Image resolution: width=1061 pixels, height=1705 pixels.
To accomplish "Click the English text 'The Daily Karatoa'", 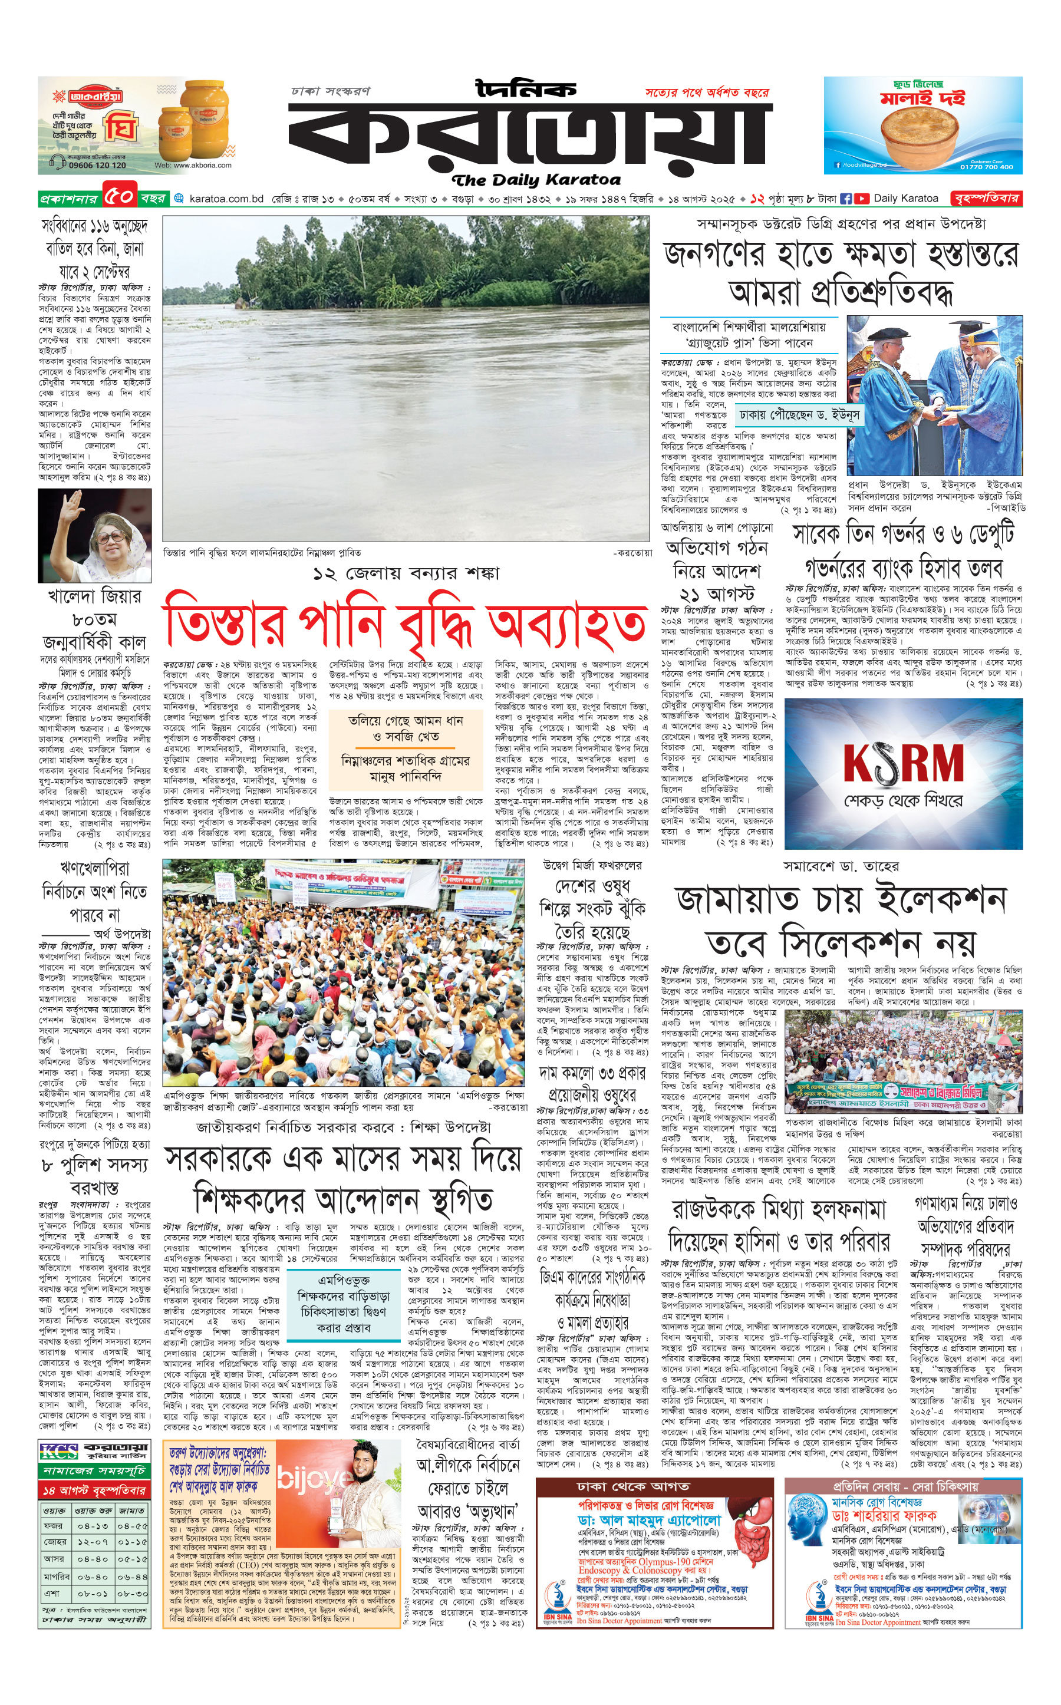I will click(x=536, y=180).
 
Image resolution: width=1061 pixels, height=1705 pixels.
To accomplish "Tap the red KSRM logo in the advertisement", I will click(x=903, y=761).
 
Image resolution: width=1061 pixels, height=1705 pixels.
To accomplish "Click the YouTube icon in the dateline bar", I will click(x=861, y=199).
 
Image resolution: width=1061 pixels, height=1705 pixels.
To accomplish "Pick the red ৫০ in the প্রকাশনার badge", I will click(x=119, y=198).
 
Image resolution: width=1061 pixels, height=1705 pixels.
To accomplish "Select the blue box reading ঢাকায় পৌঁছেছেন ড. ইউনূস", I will click(x=799, y=415).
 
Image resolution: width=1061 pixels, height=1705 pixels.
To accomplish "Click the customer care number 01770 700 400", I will click(x=987, y=167).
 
